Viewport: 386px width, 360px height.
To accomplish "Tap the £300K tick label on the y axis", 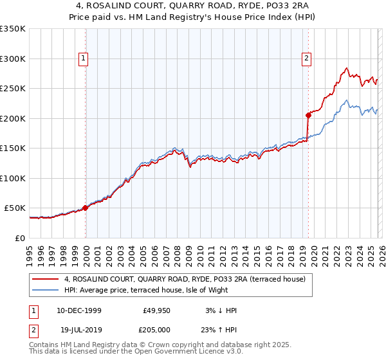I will click(x=13, y=59).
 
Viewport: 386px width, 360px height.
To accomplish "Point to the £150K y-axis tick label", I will click(x=13, y=148).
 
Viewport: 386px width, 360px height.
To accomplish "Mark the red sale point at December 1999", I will click(x=85, y=208).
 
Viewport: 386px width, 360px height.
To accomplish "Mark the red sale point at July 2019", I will click(x=308, y=115).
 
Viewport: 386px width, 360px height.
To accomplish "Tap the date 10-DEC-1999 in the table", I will click(x=77, y=310).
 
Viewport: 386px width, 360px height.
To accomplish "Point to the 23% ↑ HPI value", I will click(x=220, y=328).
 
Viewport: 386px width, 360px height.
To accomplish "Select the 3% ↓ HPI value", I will click(x=220, y=310).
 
